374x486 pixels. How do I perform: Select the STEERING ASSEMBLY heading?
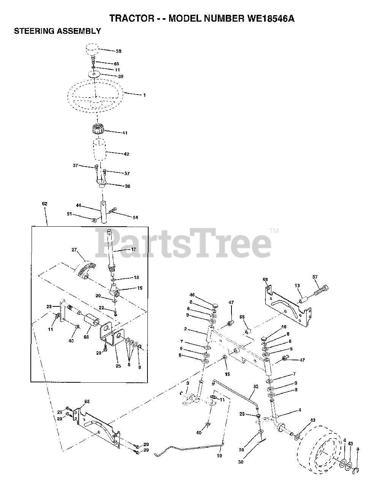point(57,31)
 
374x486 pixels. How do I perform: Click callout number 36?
point(128,186)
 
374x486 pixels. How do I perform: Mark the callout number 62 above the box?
point(44,204)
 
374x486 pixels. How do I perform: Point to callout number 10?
point(219,456)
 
